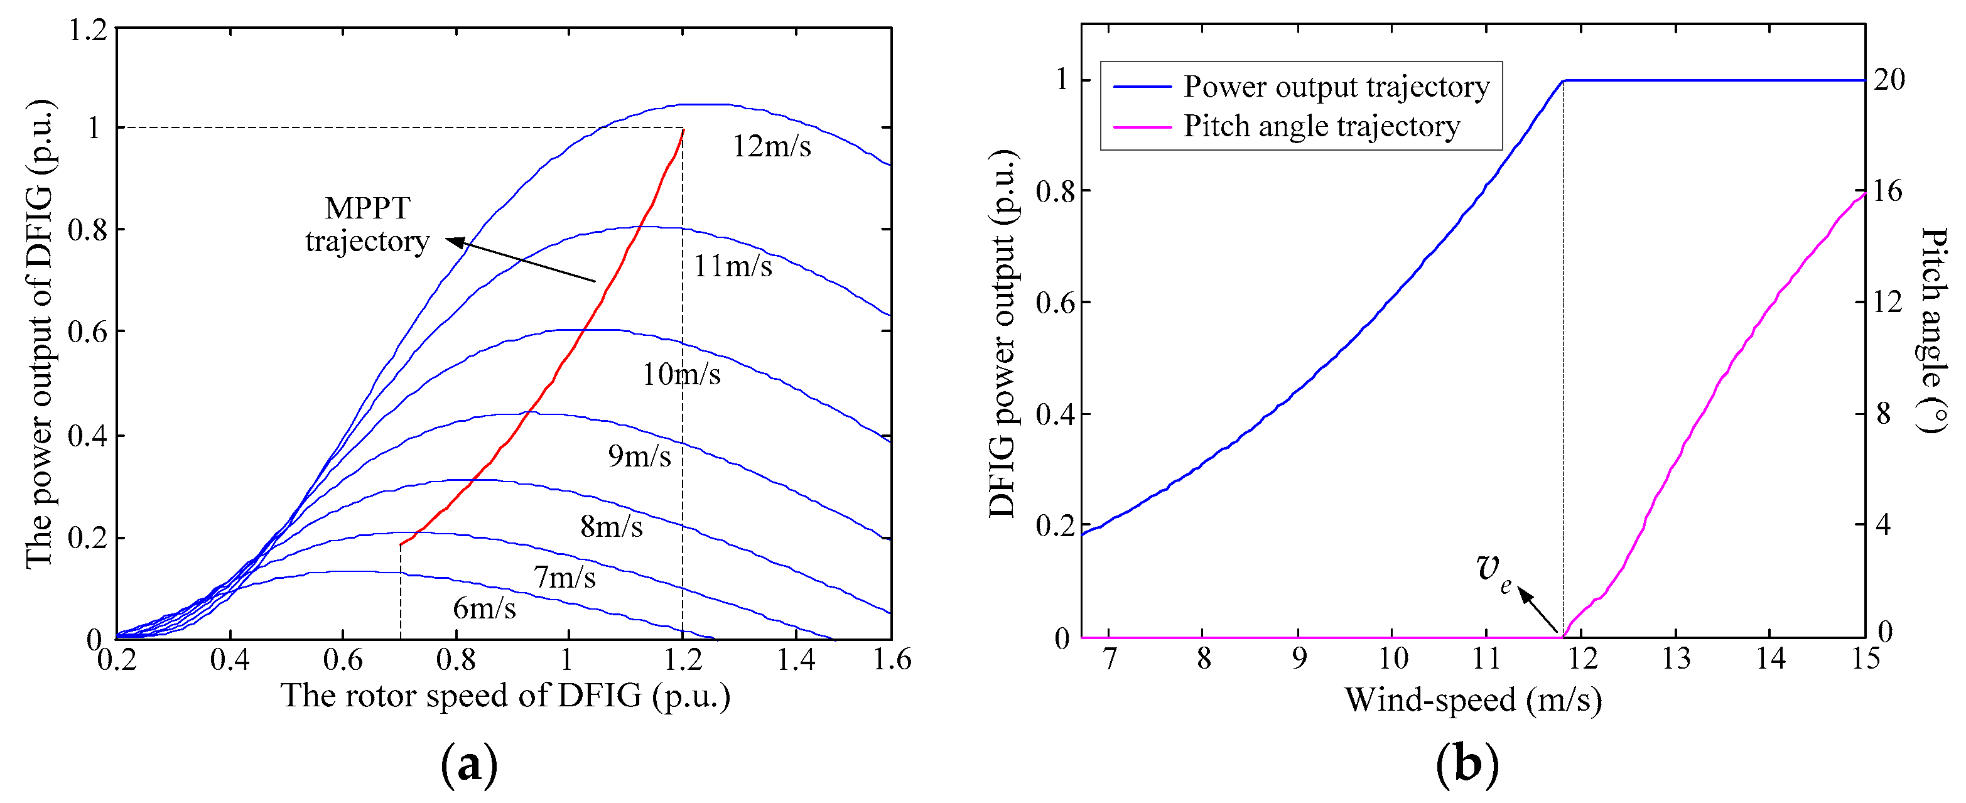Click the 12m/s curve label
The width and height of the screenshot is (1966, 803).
pyautogui.click(x=772, y=146)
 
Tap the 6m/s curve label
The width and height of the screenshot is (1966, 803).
pyautogui.click(x=485, y=608)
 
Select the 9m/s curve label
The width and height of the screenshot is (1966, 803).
pyautogui.click(x=640, y=456)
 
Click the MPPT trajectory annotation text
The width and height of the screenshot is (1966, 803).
pyautogui.click(x=367, y=224)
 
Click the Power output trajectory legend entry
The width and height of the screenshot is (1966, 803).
pyautogui.click(x=1336, y=87)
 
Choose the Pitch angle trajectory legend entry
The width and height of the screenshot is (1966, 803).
pyautogui.click(x=1321, y=126)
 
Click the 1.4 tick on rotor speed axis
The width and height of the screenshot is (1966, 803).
pyautogui.click(x=796, y=659)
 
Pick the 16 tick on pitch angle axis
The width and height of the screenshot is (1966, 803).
pyautogui.click(x=1889, y=191)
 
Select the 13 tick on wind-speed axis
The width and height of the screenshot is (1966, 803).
pyautogui.click(x=1676, y=659)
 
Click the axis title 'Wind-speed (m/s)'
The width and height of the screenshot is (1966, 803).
pyautogui.click(x=1473, y=700)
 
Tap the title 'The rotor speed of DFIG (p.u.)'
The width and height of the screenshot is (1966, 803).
pyautogui.click(x=505, y=696)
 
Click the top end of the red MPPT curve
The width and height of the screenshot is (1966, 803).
pyautogui.click(x=683, y=131)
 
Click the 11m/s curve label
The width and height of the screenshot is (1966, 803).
pyautogui.click(x=733, y=266)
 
